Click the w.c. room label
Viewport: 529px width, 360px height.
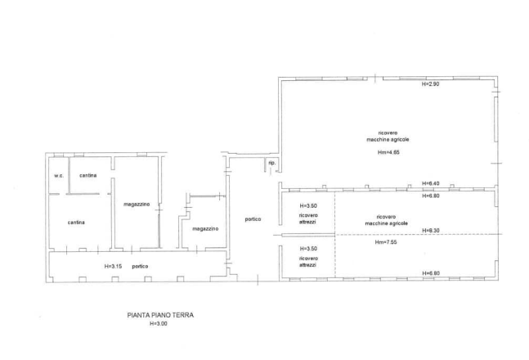(59, 176)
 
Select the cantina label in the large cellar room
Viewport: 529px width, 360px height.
(78, 222)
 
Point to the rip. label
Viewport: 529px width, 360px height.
(271, 163)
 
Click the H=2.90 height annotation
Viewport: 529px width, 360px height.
(430, 84)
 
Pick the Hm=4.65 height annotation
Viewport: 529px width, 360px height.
(388, 152)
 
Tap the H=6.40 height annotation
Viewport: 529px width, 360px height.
(430, 182)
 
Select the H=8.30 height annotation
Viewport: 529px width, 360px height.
(430, 231)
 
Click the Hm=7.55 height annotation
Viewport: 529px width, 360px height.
(386, 242)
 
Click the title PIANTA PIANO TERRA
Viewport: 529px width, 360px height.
(160, 313)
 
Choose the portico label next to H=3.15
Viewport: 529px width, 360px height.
(141, 266)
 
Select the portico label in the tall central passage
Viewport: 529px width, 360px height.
(253, 218)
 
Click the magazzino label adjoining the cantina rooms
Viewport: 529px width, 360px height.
(136, 203)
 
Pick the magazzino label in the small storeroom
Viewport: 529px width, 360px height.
(204, 229)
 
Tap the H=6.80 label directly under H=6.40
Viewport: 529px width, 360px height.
(430, 196)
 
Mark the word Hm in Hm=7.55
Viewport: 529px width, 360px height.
(379, 242)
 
